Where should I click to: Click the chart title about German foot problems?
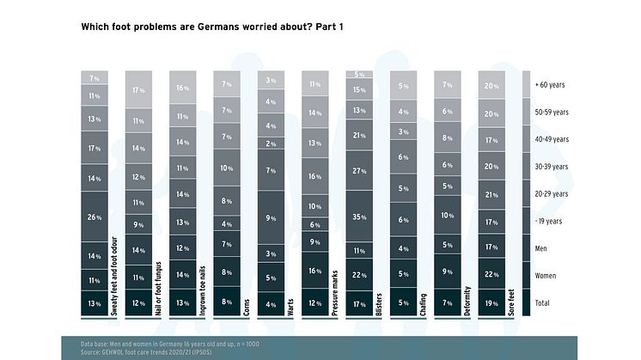pyautogui.click(x=212, y=27)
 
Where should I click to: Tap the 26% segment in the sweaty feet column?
pyautogui.click(x=95, y=218)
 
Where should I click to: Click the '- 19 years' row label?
pyautogui.click(x=550, y=222)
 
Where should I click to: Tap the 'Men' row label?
pyautogui.click(x=542, y=249)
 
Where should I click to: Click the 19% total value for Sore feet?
pyautogui.click(x=491, y=303)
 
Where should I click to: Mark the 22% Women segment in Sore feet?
pyautogui.click(x=491, y=274)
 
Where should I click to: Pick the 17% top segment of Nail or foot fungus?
pyautogui.click(x=138, y=90)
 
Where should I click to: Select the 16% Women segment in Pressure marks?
pyautogui.click(x=314, y=271)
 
